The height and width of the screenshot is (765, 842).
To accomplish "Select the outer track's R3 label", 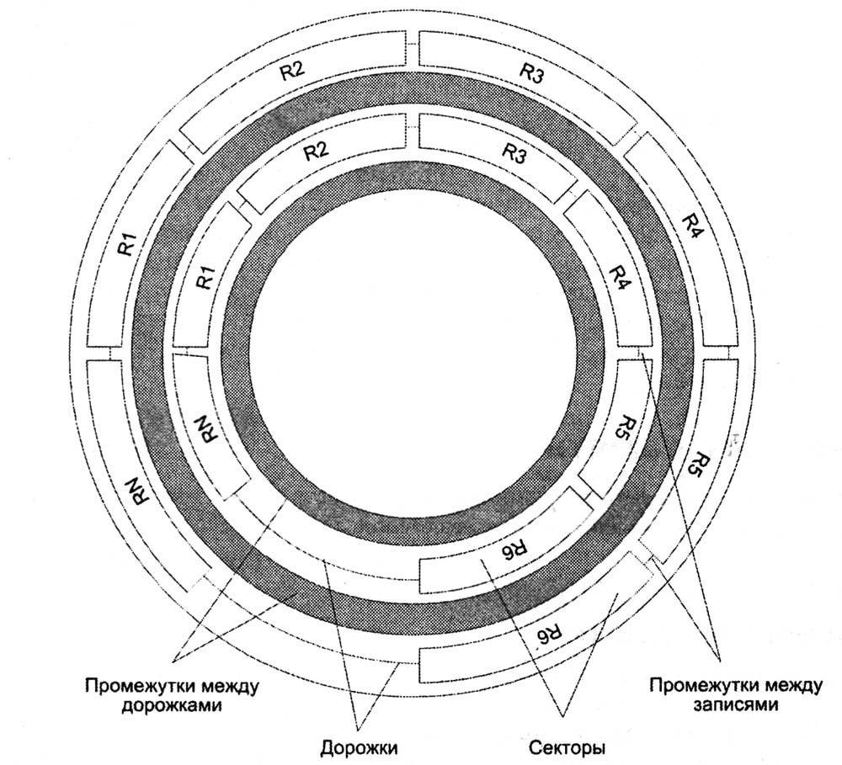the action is (530, 72).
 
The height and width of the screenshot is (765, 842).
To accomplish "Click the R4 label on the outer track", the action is (691, 225).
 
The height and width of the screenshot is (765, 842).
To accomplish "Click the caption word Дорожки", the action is (358, 746).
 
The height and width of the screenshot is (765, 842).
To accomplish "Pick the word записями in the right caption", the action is (735, 705).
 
